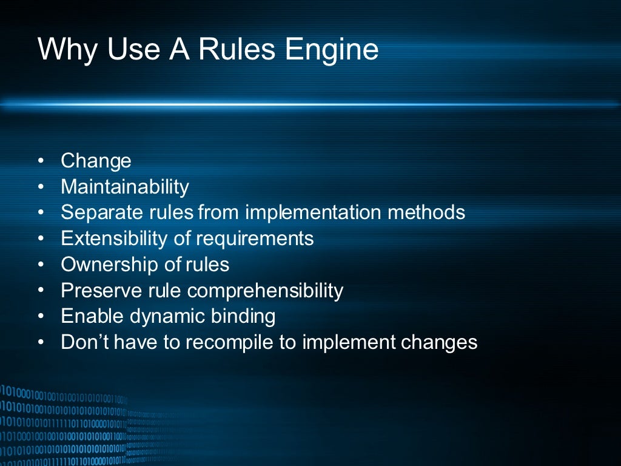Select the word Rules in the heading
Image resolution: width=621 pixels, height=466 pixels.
232,49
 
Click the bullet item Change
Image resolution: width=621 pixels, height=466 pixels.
96,161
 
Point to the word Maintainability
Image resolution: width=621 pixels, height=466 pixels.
125,187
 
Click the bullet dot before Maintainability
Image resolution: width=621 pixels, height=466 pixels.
41,187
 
